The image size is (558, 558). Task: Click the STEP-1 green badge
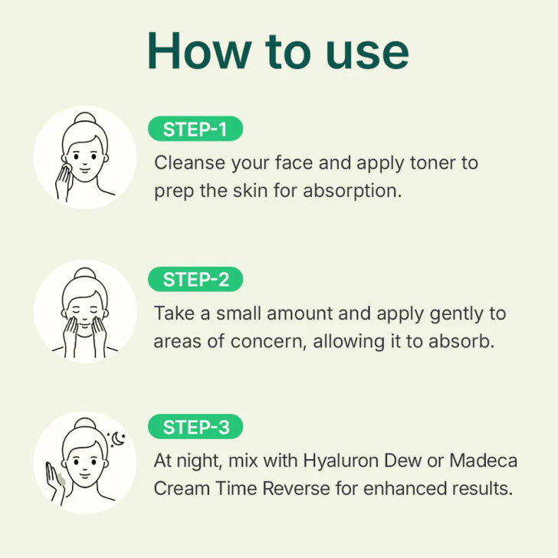click(x=195, y=129)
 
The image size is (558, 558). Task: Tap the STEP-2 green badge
click(x=195, y=279)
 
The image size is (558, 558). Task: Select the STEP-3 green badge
click(x=195, y=427)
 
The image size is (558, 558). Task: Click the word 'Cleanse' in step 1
click(x=189, y=163)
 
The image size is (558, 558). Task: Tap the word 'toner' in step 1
click(x=433, y=163)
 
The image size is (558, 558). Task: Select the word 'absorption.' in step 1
click(x=353, y=191)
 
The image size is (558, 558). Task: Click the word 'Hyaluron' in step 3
click(x=341, y=461)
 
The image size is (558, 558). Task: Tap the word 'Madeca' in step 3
click(x=483, y=461)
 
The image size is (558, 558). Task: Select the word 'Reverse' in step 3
click(x=296, y=488)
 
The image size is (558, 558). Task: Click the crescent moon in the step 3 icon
click(x=118, y=438)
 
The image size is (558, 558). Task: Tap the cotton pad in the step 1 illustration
click(x=67, y=169)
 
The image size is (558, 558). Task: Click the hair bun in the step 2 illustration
click(x=85, y=274)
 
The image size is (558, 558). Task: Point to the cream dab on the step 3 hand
click(x=61, y=479)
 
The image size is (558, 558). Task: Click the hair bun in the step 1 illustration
click(x=85, y=118)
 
